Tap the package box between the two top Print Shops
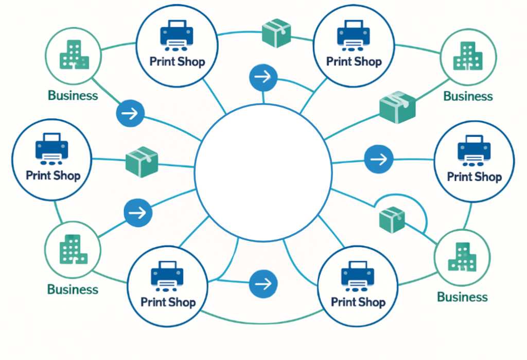pyautogui.click(x=276, y=33)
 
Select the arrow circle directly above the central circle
pyautogui.click(x=263, y=78)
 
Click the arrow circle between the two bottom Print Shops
pyautogui.click(x=263, y=283)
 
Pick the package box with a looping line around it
pyautogui.click(x=392, y=218)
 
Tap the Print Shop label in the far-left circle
pyautogui.click(x=53, y=175)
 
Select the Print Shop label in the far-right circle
pyautogui.click(x=474, y=177)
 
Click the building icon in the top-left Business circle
pyautogui.click(x=73, y=55)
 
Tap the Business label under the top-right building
pyautogui.click(x=468, y=96)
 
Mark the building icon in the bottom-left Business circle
pyautogui.click(x=73, y=250)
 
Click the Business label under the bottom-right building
pyautogui.click(x=462, y=297)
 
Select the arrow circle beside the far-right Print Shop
pyautogui.click(x=379, y=159)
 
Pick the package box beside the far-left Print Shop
pyautogui.click(x=142, y=162)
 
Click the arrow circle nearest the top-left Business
pyautogui.click(x=130, y=113)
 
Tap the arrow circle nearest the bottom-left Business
pyautogui.click(x=138, y=212)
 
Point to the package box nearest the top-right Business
pyautogui.click(x=397, y=107)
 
